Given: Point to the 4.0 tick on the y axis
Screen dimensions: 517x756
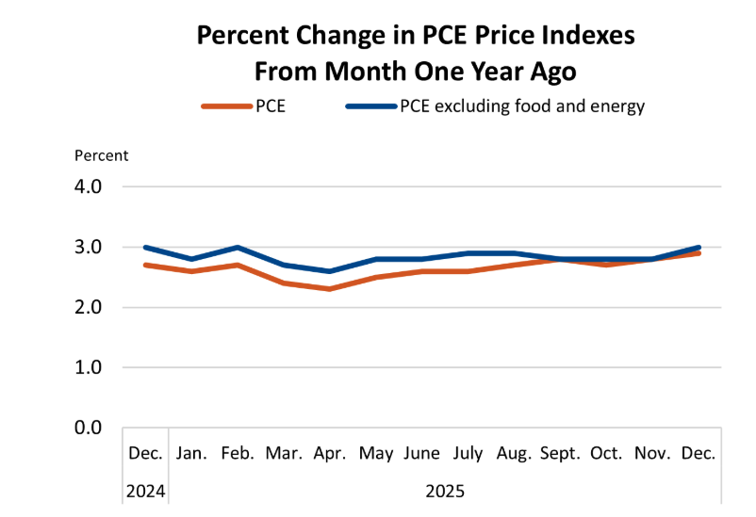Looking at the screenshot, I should point(94,186).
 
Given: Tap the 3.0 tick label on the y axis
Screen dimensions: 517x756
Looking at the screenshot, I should point(94,247).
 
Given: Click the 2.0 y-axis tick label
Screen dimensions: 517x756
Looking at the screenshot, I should point(94,307).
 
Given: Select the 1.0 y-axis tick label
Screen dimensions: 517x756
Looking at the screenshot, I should point(94,367).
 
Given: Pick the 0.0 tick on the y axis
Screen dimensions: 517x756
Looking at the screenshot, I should point(94,428).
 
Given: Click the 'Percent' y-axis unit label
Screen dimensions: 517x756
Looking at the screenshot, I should point(102,155).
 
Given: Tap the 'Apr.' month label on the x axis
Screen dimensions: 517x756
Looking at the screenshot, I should point(330,453).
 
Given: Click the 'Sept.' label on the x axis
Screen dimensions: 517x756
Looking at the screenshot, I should point(560,453).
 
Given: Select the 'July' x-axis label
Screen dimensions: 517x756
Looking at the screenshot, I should point(468,453).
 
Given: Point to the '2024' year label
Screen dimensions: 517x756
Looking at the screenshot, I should point(145,491).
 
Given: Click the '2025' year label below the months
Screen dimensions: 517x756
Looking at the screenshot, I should point(445,491).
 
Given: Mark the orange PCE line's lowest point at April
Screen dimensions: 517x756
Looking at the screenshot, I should point(330,288).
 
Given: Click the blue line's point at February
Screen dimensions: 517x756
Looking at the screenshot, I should point(238,248).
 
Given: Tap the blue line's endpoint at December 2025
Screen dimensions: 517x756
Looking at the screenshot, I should point(698,248).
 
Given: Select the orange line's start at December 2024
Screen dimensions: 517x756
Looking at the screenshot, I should point(145,265).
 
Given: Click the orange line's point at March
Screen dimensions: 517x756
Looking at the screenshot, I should point(284,283).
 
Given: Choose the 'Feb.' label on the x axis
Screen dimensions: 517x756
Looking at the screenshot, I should point(238,453).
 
